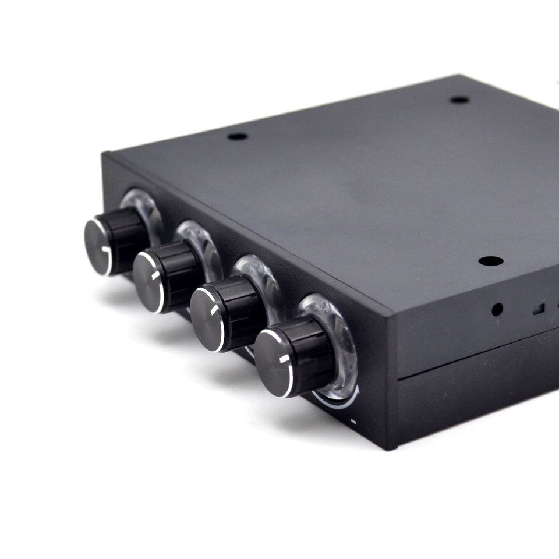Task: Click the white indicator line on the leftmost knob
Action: coord(105,249)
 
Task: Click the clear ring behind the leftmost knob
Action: coord(146,207)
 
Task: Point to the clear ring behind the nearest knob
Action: coord(335,326)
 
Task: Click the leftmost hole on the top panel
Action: coord(238,136)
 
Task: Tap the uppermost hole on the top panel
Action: coord(459,100)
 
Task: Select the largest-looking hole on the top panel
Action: coord(490,261)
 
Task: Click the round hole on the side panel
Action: coord(497,309)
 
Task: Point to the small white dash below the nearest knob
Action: coord(353,420)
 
